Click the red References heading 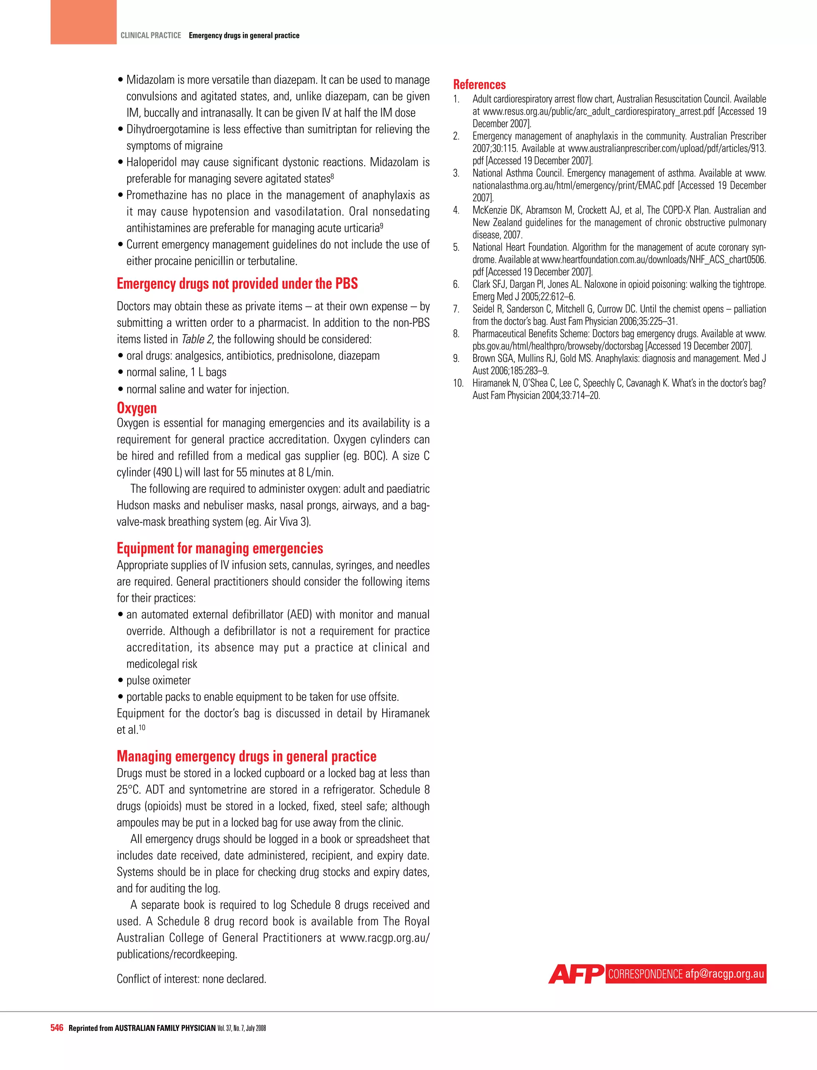click(479, 85)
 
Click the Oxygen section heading click(137, 408)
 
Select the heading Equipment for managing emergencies click(220, 548)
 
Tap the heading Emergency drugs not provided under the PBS click(237, 284)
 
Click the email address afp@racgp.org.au click(724, 974)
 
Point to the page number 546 click(57, 1028)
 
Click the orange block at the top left click(83, 22)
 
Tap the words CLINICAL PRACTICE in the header click(151, 36)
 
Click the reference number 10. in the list click(458, 383)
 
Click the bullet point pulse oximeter click(158, 681)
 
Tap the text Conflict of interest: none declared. click(191, 979)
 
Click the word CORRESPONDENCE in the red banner click(645, 974)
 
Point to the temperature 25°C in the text click(128, 790)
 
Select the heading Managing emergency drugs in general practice click(246, 756)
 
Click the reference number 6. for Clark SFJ click(456, 284)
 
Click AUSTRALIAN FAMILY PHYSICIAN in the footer click(165, 1028)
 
